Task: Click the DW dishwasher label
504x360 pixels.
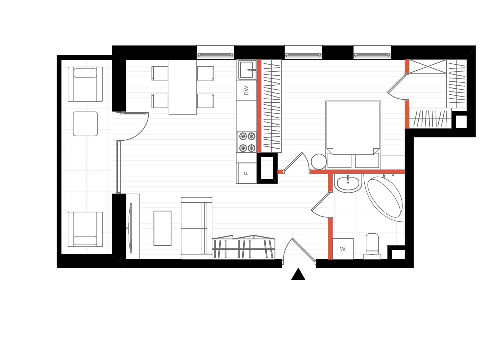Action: [246, 90]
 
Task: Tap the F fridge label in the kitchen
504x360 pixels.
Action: [246, 173]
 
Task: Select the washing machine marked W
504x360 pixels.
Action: [343, 249]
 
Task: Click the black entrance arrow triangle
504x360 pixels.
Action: [298, 274]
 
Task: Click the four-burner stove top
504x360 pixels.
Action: [247, 142]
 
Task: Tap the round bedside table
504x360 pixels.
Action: [319, 162]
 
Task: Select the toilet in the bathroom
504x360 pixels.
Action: [372, 246]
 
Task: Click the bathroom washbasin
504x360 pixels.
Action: [348, 183]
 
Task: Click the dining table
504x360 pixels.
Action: [183, 87]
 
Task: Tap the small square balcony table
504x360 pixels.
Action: [85, 124]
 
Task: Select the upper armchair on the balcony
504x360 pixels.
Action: [85, 84]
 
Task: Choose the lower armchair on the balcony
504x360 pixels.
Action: [85, 229]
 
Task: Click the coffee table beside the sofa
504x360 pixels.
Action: [162, 228]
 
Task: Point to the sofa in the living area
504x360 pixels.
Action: [197, 228]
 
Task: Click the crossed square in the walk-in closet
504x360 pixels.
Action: [428, 66]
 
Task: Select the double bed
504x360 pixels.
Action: [353, 135]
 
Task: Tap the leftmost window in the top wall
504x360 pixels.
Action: [215, 55]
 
